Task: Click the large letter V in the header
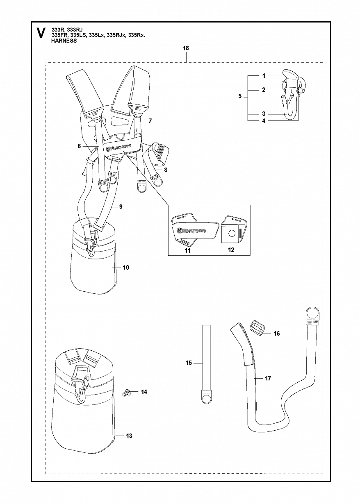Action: click(41, 33)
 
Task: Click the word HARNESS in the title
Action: click(64, 41)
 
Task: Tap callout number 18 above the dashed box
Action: click(186, 48)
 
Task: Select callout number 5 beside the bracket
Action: click(240, 96)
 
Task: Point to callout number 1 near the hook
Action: click(264, 76)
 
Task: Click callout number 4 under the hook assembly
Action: click(264, 121)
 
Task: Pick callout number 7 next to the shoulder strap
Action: click(150, 121)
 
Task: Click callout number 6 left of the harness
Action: click(79, 146)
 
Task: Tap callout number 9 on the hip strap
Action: click(121, 207)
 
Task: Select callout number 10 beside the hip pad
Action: click(126, 268)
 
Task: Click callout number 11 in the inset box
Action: click(187, 251)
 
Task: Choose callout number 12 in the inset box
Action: click(231, 250)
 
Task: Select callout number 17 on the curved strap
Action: click(268, 379)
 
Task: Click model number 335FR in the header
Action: click(60, 35)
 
